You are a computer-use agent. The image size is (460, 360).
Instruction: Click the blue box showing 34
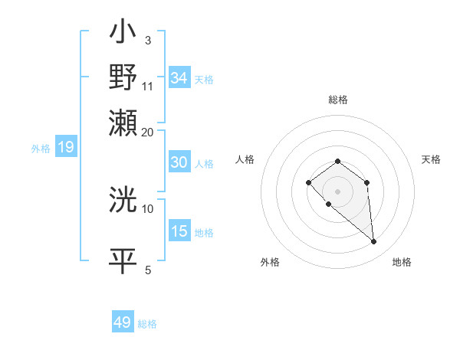pos(179,78)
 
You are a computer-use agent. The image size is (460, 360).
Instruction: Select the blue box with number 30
pos(179,162)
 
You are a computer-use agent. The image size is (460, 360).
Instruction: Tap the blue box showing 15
pos(179,231)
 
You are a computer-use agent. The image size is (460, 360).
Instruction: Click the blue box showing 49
pos(123,322)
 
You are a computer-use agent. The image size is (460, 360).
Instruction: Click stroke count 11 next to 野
pos(148,85)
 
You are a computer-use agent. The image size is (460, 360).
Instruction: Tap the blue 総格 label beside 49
pos(147,324)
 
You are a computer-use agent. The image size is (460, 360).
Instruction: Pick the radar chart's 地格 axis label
pos(402,263)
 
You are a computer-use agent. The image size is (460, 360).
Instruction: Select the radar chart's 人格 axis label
pos(245,159)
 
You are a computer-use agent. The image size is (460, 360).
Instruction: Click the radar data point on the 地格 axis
pos(374,242)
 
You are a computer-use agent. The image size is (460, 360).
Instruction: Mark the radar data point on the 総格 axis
pos(337,161)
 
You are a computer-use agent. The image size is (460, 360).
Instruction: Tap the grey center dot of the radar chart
pos(337,191)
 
